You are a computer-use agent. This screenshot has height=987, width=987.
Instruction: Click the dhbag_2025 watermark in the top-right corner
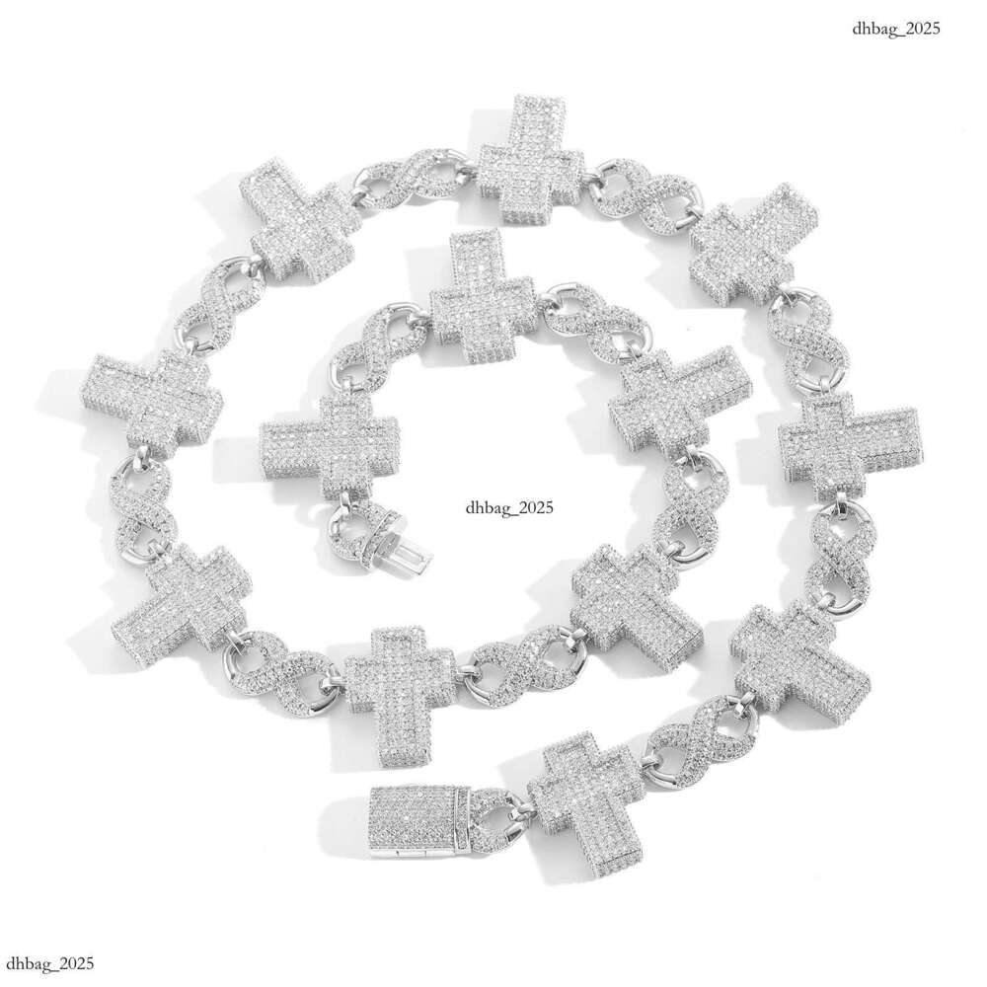coord(896,29)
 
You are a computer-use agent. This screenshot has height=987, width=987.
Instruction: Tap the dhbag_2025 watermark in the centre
coord(510,506)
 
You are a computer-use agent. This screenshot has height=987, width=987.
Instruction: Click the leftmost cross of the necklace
coord(152,404)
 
